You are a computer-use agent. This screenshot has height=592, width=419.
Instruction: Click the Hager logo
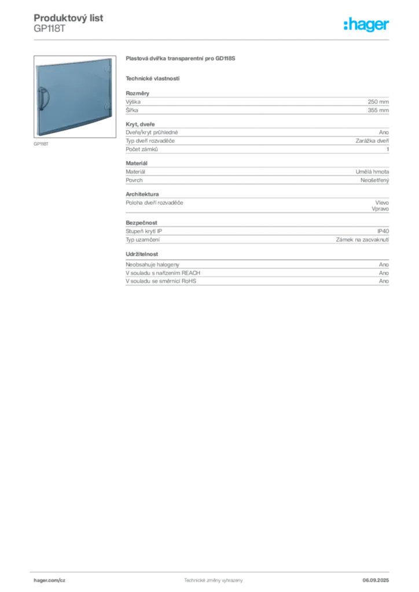[366, 24]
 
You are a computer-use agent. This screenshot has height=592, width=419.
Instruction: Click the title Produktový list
[68, 18]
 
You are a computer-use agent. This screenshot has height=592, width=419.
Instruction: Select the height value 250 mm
[378, 102]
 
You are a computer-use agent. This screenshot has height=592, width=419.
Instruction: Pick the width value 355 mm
[378, 110]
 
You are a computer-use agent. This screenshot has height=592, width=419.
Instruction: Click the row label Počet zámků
[142, 149]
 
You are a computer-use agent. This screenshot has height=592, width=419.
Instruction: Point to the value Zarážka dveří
[372, 141]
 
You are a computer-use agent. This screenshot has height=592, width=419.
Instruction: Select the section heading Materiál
[137, 163]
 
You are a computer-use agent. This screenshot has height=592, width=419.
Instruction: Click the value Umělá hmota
[372, 172]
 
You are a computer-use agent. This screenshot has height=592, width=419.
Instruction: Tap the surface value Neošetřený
[374, 180]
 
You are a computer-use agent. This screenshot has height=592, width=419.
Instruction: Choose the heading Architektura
[142, 194]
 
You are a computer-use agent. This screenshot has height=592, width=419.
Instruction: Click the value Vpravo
[380, 209]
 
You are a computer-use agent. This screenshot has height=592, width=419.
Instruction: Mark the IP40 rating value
[383, 231]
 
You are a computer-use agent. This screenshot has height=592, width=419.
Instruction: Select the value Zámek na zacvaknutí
[362, 240]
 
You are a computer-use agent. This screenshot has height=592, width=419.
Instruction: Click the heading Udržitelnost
[142, 254]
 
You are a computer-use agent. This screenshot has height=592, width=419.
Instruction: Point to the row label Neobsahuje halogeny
[152, 265]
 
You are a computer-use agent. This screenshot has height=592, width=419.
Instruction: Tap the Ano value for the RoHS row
[384, 281]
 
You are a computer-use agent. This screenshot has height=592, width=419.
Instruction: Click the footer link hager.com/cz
[50, 580]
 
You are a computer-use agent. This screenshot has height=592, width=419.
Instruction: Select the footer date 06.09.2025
[376, 580]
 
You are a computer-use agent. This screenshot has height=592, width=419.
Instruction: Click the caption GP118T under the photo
[41, 144]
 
